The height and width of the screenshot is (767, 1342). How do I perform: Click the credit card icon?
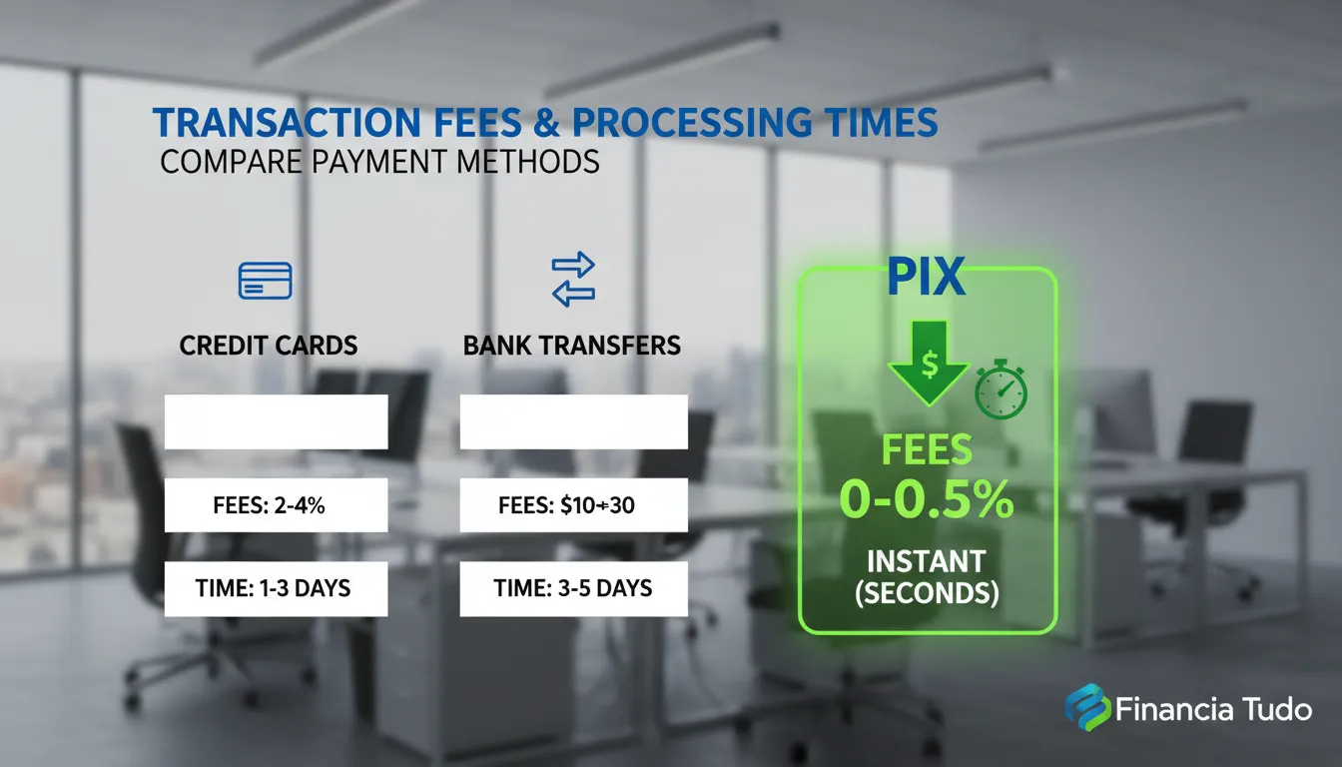pyautogui.click(x=265, y=281)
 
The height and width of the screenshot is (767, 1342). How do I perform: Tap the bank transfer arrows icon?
pyautogui.click(x=573, y=279)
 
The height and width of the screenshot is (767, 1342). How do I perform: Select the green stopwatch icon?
pyautogui.click(x=1002, y=391)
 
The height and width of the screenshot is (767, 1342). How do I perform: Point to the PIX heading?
pyautogui.click(x=927, y=280)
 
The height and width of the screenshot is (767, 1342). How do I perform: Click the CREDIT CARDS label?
pyautogui.click(x=269, y=346)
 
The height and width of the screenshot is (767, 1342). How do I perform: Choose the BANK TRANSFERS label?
pyautogui.click(x=572, y=346)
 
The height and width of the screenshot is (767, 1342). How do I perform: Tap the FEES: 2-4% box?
pyautogui.click(x=276, y=505)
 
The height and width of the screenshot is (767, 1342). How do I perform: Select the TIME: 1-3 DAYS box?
pyautogui.click(x=276, y=588)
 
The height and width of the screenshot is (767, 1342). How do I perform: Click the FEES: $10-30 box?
pyautogui.click(x=573, y=505)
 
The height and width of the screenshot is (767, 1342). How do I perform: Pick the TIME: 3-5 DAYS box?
pyautogui.click(x=573, y=588)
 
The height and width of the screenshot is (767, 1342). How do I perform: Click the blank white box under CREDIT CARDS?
pyautogui.click(x=276, y=421)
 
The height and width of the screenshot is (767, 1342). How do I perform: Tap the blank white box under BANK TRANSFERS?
pyautogui.click(x=573, y=421)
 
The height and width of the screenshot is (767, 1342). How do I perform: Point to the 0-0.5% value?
pyautogui.click(x=927, y=497)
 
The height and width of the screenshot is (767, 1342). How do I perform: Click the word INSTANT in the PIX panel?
pyautogui.click(x=927, y=560)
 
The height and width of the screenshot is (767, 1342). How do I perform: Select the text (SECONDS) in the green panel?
pyautogui.click(x=927, y=592)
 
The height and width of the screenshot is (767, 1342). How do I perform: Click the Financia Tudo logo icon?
pyautogui.click(x=1086, y=709)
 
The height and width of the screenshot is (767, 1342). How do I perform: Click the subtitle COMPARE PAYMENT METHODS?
pyautogui.click(x=379, y=162)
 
